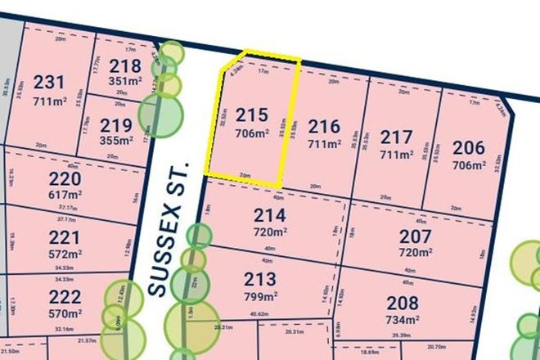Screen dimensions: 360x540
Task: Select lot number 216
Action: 324,128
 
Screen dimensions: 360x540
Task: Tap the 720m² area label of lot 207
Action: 414,254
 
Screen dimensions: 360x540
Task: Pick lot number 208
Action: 403,303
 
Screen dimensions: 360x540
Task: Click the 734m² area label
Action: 403,319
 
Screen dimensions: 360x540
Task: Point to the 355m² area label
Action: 115,141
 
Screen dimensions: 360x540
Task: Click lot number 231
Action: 48,82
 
